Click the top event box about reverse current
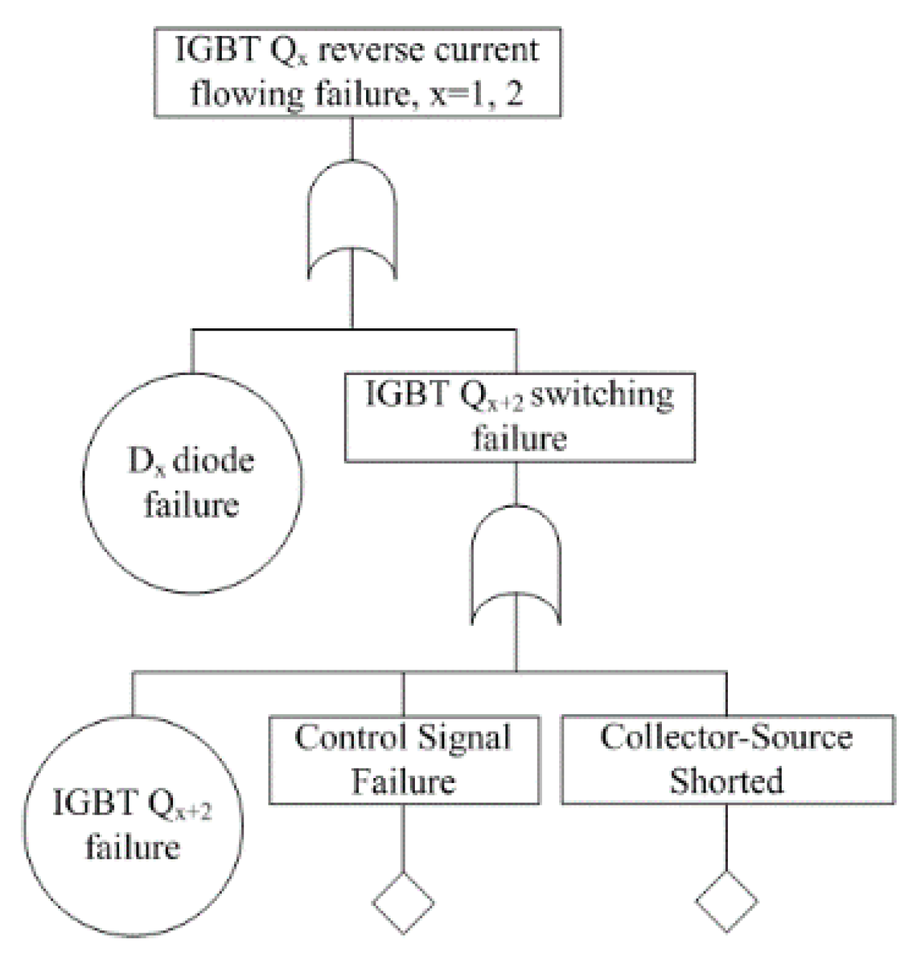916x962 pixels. click(357, 72)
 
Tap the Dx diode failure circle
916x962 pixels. click(192, 483)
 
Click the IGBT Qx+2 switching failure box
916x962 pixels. click(520, 417)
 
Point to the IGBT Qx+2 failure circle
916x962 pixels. click(132, 826)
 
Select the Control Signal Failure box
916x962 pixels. click(403, 759)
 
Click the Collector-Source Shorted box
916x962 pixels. click(727, 759)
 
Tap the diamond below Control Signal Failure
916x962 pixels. click(403, 902)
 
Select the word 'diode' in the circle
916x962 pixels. click(214, 461)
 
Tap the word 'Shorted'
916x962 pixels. click(726, 782)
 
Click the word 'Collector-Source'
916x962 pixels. click(726, 737)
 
